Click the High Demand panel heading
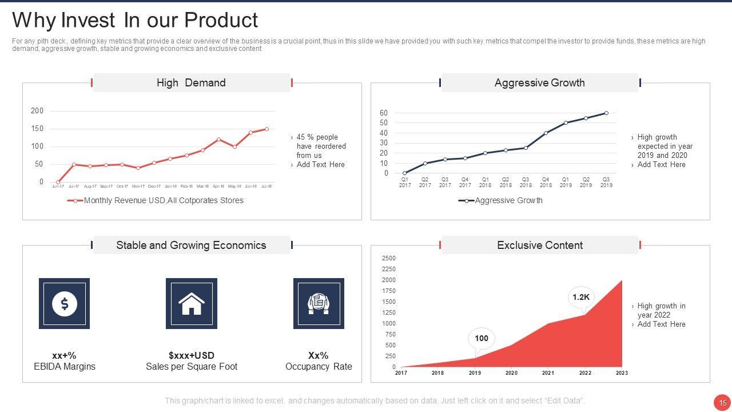pyautogui.click(x=191, y=83)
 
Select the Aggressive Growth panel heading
pyautogui.click(x=539, y=83)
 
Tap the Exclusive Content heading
pyautogui.click(x=539, y=245)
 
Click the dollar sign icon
pyautogui.click(x=65, y=304)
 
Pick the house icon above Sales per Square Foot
pyautogui.click(x=192, y=304)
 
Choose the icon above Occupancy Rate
pyautogui.click(x=319, y=304)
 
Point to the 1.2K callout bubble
pyautogui.click(x=580, y=297)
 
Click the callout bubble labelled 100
pyautogui.click(x=482, y=339)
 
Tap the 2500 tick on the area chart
pyautogui.click(x=388, y=259)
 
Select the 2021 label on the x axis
pyautogui.click(x=548, y=373)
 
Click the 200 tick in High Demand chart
pyautogui.click(x=37, y=111)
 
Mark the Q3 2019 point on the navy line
pyautogui.click(x=606, y=113)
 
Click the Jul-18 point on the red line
pyautogui.click(x=266, y=129)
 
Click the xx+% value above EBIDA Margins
pyautogui.click(x=64, y=355)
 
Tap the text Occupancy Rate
pyautogui.click(x=319, y=367)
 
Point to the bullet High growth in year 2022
pyautogui.click(x=661, y=311)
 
